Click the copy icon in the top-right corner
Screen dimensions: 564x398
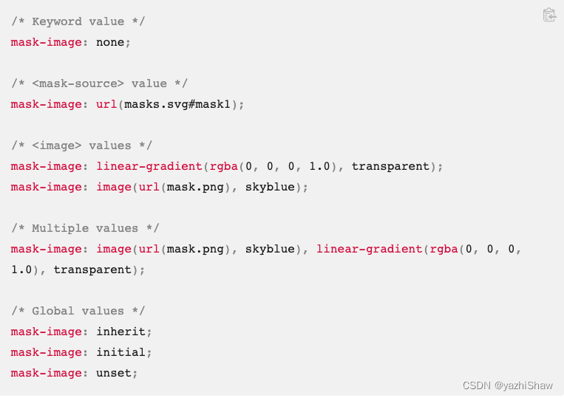pos(549,15)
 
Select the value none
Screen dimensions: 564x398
pos(110,42)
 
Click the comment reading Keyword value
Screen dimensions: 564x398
pos(78,21)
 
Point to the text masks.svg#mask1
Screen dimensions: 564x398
pos(177,104)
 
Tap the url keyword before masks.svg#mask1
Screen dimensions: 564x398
pos(106,104)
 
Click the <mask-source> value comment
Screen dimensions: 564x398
pos(99,83)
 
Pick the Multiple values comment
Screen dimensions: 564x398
pos(85,228)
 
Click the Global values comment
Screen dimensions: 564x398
pos(78,311)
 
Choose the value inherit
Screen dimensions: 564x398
pos(120,332)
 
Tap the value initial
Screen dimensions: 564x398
pos(120,352)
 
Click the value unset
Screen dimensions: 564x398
pos(114,373)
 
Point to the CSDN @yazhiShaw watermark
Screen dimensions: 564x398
pos(508,385)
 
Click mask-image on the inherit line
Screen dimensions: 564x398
pos(46,332)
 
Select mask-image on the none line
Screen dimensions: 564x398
pos(46,42)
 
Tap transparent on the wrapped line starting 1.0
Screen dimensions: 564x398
pos(92,270)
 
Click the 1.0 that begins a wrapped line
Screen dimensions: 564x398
pos(21,270)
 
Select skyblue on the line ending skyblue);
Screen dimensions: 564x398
pos(270,187)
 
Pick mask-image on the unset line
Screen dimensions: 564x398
pos(46,373)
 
